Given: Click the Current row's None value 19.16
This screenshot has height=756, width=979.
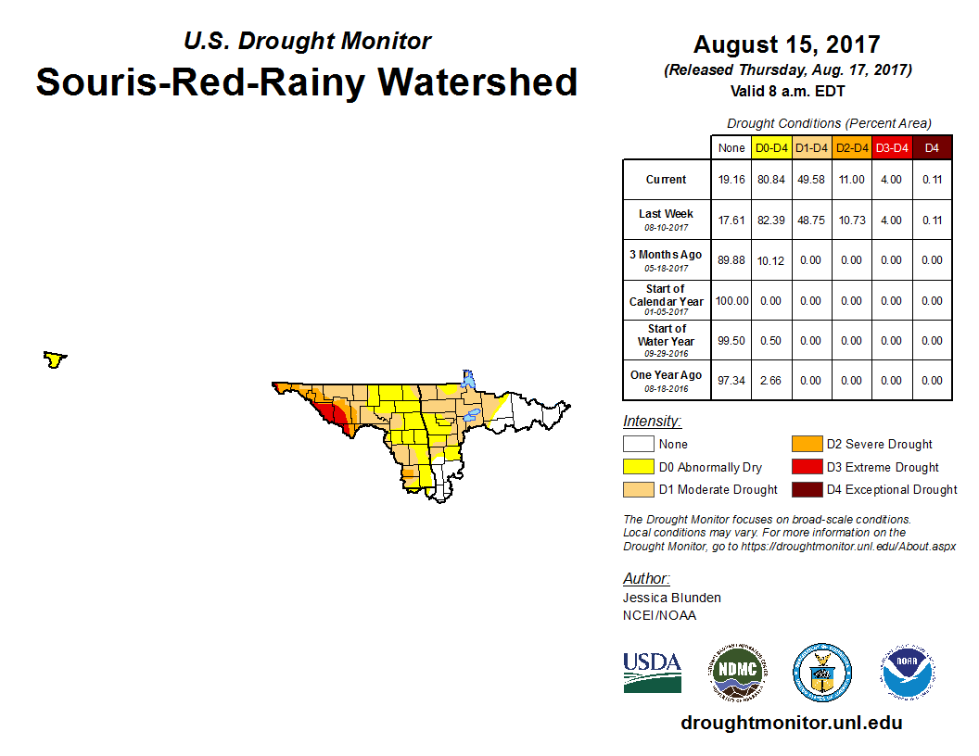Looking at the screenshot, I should click(x=731, y=180).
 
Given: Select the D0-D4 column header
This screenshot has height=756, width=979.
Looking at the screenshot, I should click(x=771, y=148).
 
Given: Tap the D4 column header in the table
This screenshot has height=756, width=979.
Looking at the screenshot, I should click(x=932, y=148).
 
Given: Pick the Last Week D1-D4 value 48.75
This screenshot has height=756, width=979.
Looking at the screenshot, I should click(x=811, y=220).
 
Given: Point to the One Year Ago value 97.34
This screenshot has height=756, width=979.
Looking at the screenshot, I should click(x=731, y=380).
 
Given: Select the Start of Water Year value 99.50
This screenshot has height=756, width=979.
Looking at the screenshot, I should click(x=731, y=340).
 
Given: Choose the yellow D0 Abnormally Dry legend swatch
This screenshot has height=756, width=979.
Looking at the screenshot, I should click(x=639, y=467).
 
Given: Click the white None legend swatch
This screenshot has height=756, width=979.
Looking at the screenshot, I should click(x=639, y=445).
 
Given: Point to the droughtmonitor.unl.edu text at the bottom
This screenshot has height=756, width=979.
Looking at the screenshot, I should click(x=791, y=723).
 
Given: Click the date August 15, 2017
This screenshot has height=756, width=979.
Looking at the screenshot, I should click(x=786, y=44).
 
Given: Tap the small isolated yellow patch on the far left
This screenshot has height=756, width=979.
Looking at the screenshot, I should click(x=55, y=359).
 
